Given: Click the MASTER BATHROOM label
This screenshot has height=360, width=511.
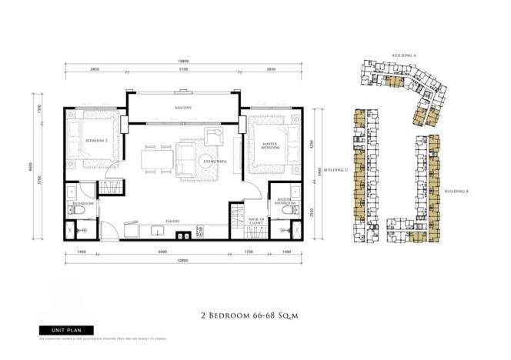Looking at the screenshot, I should coord(278,202).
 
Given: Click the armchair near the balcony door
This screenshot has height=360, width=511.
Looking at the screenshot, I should coord(213,138).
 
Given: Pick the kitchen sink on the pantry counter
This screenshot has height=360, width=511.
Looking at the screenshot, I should coord(156,230).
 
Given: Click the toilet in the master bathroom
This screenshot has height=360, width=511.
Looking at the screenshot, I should coord(289,208).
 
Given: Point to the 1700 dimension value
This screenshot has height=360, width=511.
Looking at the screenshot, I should coord(248,252).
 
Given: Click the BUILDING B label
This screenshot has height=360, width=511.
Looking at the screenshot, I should coord(456,190).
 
